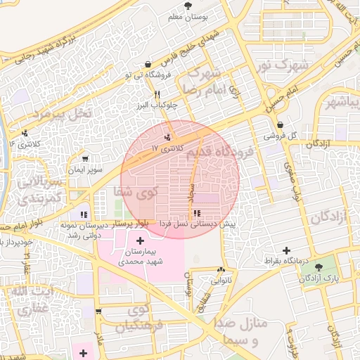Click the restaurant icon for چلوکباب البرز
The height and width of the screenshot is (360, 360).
157,94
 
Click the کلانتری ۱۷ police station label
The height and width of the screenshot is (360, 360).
167,149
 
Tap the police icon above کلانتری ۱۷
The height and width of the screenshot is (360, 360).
167,137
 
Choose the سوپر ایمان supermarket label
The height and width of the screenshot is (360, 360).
86,170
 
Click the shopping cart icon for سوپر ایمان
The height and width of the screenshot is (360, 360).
86,159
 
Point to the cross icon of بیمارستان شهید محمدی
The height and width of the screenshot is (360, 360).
140,241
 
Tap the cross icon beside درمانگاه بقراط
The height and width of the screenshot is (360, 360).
285,250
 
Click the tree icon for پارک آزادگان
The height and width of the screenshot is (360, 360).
319,267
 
